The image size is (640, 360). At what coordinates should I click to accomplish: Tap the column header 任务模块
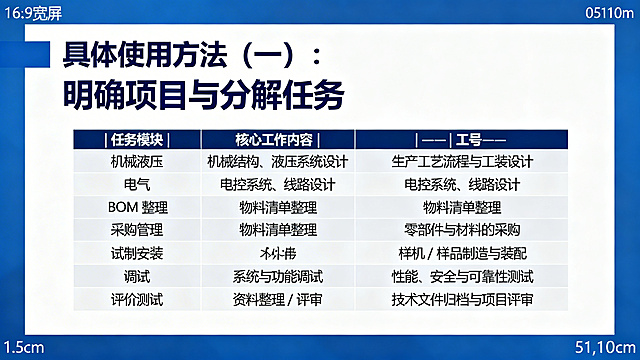[x=138, y=139]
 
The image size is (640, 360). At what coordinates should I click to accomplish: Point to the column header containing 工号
[x=462, y=139]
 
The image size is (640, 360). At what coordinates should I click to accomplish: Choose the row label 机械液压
[x=138, y=161]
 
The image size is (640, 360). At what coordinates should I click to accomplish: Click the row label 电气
[x=138, y=184]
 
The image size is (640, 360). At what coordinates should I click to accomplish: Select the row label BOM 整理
[x=138, y=207]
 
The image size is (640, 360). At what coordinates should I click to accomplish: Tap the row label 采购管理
[x=138, y=230]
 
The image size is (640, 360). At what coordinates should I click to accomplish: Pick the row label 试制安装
[x=138, y=253]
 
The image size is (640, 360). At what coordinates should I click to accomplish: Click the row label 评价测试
[x=138, y=299]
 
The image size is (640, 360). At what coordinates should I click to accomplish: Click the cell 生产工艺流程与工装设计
[x=462, y=161]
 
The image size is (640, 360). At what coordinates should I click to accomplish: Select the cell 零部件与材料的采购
[x=462, y=230]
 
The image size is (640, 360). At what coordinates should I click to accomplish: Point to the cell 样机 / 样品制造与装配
[x=462, y=253]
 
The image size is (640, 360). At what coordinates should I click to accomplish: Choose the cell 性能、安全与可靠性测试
[x=462, y=276]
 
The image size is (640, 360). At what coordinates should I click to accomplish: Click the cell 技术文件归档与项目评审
[x=462, y=299]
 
